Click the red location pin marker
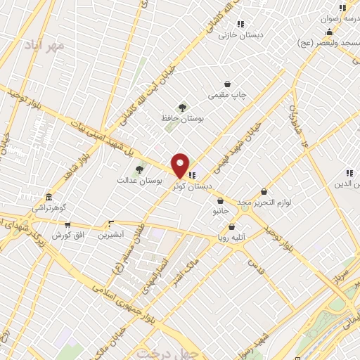(181, 165)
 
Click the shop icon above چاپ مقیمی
(227, 84)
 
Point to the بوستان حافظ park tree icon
(183, 108)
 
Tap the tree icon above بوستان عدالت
(139, 169)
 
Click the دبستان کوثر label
(196, 186)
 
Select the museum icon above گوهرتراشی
(48, 197)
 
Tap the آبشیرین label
(110, 235)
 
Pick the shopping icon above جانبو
(221, 201)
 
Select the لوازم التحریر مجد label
(264, 202)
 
